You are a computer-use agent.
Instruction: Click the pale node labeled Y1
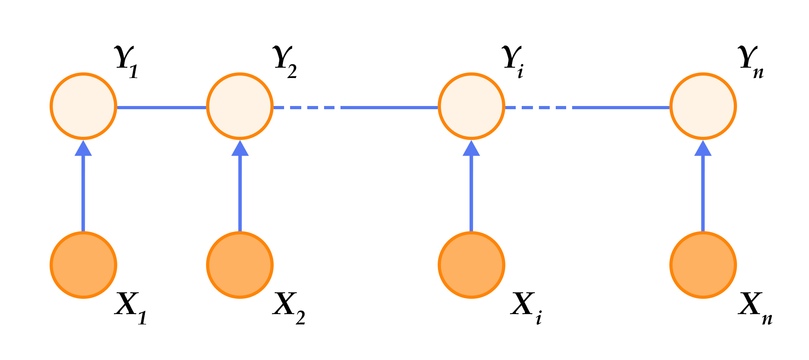pos(84,106)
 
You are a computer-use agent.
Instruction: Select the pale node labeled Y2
pos(240,106)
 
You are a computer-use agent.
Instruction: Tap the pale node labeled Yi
pos(471,106)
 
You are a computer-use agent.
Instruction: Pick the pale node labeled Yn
pos(703,106)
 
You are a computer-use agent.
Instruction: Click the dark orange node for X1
pos(84,265)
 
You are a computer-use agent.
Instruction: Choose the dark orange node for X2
pos(240,265)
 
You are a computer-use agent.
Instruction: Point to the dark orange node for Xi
pos(471,265)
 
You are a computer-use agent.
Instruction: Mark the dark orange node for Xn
pos(703,265)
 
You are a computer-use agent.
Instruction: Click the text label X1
pos(130,308)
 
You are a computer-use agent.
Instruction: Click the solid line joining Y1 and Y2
pos(162,107)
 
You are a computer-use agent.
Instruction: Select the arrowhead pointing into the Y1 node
pos(84,148)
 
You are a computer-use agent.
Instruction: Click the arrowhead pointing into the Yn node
pos(703,148)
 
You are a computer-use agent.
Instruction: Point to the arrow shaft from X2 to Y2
pos(240,192)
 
